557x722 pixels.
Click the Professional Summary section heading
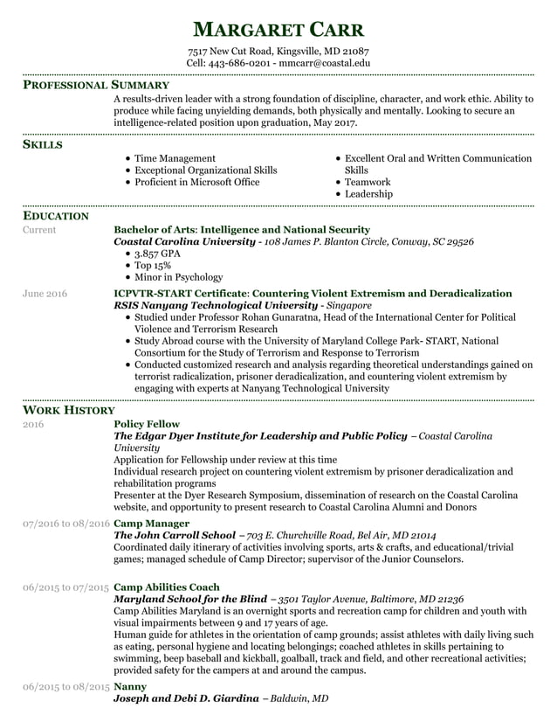(x=95, y=86)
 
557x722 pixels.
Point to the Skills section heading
(x=42, y=144)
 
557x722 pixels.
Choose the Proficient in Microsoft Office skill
(x=196, y=182)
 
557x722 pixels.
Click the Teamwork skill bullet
(x=368, y=182)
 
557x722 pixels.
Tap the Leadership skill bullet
(x=368, y=194)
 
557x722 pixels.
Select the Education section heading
(x=55, y=215)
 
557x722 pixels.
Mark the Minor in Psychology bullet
(x=178, y=277)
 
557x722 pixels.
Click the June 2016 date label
(x=45, y=294)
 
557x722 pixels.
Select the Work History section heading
(x=68, y=409)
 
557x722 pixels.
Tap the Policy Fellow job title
(x=147, y=424)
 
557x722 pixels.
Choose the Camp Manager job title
(x=152, y=524)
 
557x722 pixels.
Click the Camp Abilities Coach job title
(x=167, y=587)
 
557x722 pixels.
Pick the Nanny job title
(x=130, y=687)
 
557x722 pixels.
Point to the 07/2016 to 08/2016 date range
(x=66, y=524)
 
